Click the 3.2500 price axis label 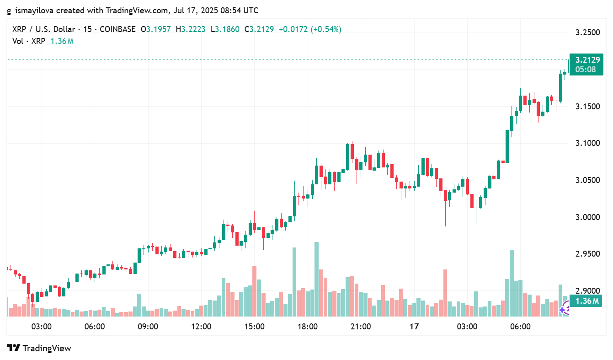coord(587,32)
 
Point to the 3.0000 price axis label coord(587,217)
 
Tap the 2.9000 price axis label coord(587,290)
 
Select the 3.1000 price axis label coord(587,143)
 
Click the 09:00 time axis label coord(148,327)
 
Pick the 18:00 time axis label coord(308,327)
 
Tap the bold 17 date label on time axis coord(414,327)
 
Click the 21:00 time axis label coord(361,327)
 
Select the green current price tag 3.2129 coord(587,60)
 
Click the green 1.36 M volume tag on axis coord(587,301)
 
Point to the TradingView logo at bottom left coord(40,348)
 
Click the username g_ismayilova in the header coord(31,10)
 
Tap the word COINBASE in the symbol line coord(117,29)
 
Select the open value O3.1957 coord(155,29)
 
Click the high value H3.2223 coord(191,29)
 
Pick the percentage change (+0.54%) coord(326,29)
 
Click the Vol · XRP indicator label coord(29,41)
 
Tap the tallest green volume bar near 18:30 coord(316,279)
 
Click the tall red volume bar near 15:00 coord(254,291)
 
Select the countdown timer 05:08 coord(586,70)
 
